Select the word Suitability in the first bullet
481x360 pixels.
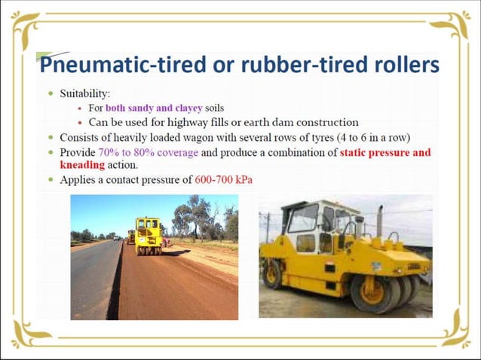tap(84, 94)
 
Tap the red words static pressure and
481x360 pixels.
tap(385, 152)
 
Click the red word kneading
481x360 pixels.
tap(81, 165)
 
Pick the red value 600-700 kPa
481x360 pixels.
tap(223, 180)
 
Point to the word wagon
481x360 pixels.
tap(225, 138)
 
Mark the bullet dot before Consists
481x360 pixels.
tap(50, 139)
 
